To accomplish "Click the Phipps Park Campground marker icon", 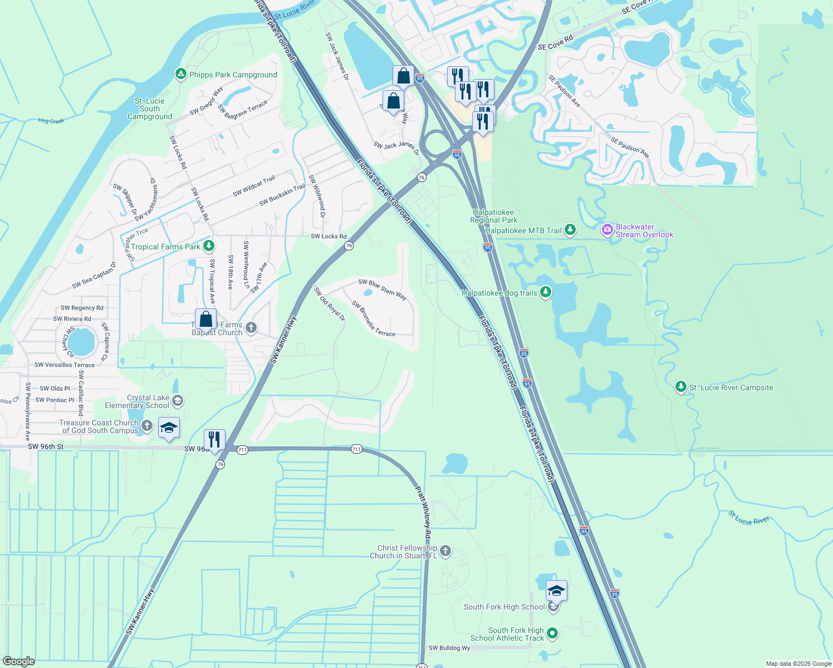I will coord(180,74).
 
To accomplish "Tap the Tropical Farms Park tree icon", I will coord(208,245).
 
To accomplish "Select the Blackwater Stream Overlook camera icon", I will coord(607,229).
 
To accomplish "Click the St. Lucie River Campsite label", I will coord(731,387).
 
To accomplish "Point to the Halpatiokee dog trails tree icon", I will coord(546,292).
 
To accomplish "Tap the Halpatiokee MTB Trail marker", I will coord(570,229).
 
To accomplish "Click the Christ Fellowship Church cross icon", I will coord(445,551).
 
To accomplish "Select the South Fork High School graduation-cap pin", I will coord(556,591).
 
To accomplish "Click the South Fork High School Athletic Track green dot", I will coord(552,633).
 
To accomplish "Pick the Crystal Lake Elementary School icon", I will coord(178,401).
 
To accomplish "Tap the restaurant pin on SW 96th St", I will coord(214,440).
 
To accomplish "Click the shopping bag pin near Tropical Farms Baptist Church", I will coord(205,320).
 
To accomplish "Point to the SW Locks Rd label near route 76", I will coord(329,236).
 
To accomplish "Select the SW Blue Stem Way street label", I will coord(382,289).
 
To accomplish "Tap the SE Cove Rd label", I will coord(555,43).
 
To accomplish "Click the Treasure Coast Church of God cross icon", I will coord(146,426).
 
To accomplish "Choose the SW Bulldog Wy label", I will coord(449,648).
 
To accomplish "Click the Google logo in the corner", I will coord(19,661).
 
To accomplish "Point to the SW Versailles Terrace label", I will coord(65,365).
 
